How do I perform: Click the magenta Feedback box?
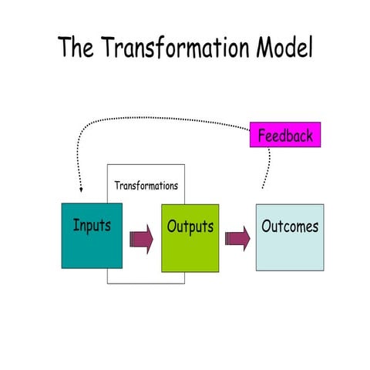pos(284,136)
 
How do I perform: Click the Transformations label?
pos(146,186)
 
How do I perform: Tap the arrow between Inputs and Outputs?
pos(141,239)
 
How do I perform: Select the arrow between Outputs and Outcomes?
pos(237,239)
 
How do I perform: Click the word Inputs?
pos(92,227)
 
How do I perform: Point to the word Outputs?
pos(190,227)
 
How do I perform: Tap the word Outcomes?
pos(289,227)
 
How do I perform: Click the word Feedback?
pos(285,136)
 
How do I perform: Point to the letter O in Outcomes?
pos(267,227)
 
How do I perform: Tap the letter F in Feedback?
pos(262,136)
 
